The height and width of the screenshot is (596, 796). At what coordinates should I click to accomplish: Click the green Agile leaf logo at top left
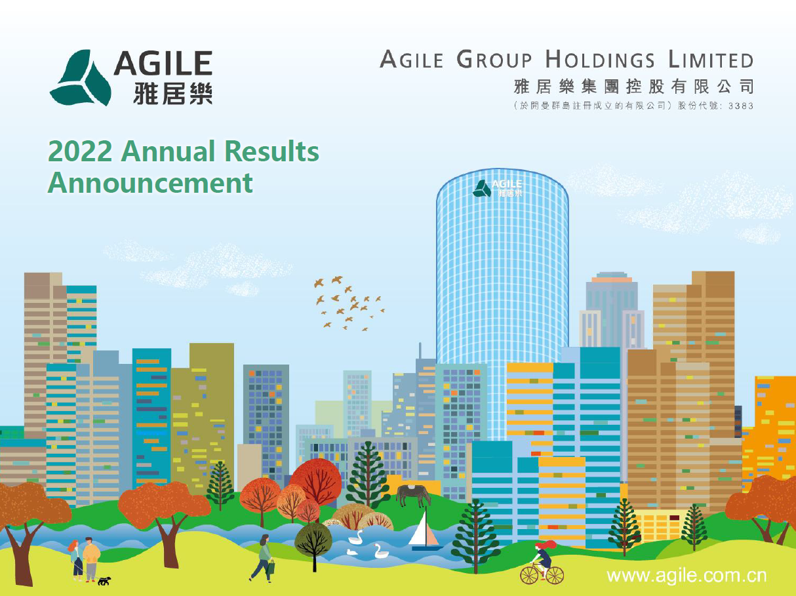[81, 77]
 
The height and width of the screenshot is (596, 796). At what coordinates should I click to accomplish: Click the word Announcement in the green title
[150, 183]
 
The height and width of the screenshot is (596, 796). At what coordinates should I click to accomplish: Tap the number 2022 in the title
[80, 151]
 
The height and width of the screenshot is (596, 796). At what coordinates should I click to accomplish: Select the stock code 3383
[740, 106]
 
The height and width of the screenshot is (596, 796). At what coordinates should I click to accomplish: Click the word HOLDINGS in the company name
[600, 60]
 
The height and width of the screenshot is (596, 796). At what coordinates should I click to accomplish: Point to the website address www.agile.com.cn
[687, 575]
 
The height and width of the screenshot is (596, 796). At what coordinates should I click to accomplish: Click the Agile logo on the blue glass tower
[498, 188]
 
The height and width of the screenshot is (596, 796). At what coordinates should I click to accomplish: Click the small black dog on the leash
[104, 581]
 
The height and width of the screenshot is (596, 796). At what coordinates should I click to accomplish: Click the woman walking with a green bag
[263, 559]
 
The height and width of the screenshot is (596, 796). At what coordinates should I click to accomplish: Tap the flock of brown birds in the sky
[349, 303]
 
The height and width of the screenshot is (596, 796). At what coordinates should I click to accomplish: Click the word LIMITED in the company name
[711, 60]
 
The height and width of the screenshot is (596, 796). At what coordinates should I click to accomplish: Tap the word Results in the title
[271, 151]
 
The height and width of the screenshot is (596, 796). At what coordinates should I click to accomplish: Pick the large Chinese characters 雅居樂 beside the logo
[172, 93]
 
